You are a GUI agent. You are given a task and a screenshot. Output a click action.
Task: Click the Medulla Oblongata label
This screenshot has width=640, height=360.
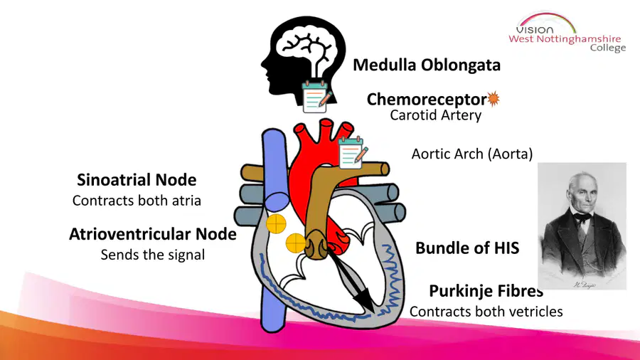click(427, 65)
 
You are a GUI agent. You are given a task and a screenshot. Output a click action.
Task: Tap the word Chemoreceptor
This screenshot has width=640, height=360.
click(427, 99)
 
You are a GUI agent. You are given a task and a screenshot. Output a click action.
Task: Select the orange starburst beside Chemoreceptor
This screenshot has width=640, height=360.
click(494, 98)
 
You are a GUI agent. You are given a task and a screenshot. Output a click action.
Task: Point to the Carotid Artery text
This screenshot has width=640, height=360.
click(435, 115)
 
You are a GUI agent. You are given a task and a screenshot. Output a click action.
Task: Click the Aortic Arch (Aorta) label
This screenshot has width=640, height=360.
click(472, 154)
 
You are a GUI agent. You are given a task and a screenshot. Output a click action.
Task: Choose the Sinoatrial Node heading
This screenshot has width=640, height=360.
click(137, 179)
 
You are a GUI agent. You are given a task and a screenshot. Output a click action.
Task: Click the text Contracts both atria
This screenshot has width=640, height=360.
click(137, 201)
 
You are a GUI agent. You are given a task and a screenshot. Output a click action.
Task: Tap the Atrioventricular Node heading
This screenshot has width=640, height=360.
click(153, 234)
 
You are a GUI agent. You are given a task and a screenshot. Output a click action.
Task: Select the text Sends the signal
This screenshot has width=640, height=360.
click(153, 255)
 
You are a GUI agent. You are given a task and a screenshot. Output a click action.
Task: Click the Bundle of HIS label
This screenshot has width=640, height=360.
click(467, 248)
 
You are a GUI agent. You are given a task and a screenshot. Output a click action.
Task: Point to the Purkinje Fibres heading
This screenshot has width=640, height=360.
click(486, 291)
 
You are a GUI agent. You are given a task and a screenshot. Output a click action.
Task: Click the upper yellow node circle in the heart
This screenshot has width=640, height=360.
click(277, 223)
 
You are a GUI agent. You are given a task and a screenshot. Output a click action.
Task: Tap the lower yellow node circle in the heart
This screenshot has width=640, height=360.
click(296, 243)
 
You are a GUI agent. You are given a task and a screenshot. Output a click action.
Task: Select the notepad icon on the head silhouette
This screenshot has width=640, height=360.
click(316, 97)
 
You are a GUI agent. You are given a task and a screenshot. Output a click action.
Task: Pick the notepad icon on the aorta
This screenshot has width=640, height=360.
click(353, 153)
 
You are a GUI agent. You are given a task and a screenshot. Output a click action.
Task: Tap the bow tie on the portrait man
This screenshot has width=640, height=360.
click(582, 218)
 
